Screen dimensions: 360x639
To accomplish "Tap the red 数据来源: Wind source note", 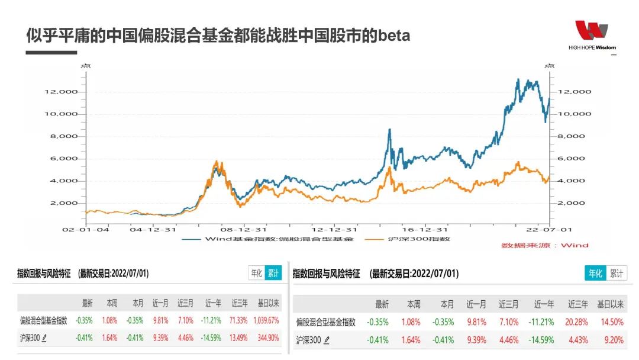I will click(545, 245).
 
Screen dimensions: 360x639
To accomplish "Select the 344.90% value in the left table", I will click(267, 339).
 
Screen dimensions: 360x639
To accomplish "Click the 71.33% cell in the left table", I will click(239, 320).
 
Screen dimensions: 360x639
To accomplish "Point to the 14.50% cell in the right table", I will click(612, 322).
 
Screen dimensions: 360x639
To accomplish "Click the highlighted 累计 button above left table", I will click(273, 273).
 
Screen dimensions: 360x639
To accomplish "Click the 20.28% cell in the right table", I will click(577, 322).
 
